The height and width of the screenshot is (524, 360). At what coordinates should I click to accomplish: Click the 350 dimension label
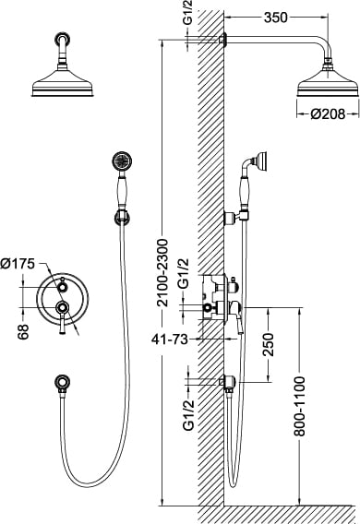click(275, 18)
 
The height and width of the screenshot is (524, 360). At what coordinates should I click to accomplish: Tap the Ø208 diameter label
click(328, 114)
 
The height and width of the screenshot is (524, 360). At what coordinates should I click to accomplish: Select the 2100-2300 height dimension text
click(162, 272)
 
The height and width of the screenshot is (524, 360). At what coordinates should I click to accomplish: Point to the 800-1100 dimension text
click(300, 406)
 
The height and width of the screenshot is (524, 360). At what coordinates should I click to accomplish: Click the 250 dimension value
click(268, 344)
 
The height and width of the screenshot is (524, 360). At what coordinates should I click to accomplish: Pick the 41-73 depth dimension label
click(170, 339)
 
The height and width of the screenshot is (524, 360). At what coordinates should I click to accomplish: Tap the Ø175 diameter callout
click(18, 264)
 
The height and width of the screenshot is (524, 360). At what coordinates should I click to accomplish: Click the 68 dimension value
click(24, 331)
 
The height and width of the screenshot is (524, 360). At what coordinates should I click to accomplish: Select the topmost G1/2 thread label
click(189, 14)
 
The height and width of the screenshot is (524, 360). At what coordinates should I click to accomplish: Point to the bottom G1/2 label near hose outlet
click(189, 415)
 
